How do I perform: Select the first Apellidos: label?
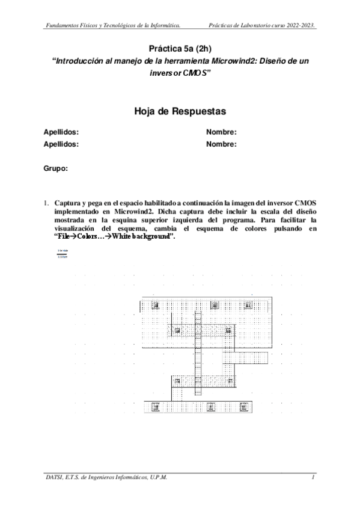(x=61, y=132)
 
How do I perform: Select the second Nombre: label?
(x=221, y=144)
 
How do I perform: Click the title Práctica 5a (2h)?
(x=180, y=48)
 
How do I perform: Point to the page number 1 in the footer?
(x=313, y=477)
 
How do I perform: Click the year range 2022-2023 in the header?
(x=300, y=25)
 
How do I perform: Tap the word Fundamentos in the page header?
(x=65, y=25)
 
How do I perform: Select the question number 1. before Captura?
(x=46, y=202)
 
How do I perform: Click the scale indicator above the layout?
(x=62, y=253)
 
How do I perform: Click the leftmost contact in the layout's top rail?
(x=156, y=306)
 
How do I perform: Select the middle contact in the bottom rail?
(x=210, y=407)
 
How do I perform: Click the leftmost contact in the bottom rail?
(x=156, y=407)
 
